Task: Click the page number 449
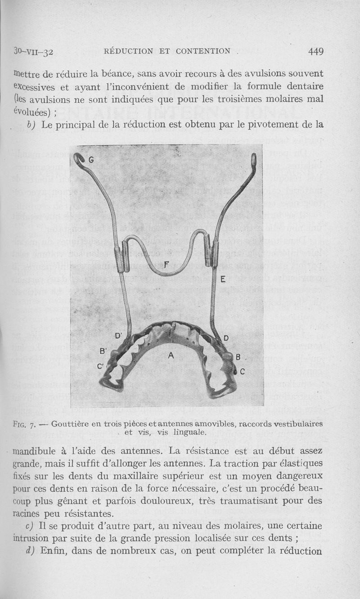(x=316, y=51)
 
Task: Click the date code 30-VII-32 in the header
(x=34, y=51)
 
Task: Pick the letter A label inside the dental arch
(x=171, y=355)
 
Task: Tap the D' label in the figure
(x=119, y=335)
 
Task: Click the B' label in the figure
(x=103, y=351)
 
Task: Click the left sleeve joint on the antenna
(x=118, y=259)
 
